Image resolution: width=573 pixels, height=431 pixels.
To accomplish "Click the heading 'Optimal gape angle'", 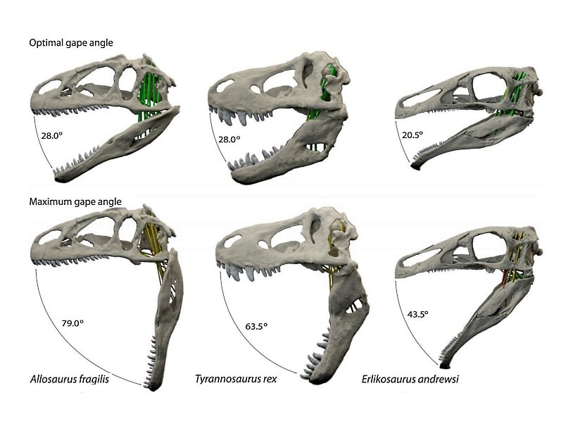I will coord(70,43).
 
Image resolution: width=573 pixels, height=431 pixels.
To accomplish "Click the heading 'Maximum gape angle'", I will coord(75,201).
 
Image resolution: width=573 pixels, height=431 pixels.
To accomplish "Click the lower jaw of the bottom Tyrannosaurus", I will coord(345,310).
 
